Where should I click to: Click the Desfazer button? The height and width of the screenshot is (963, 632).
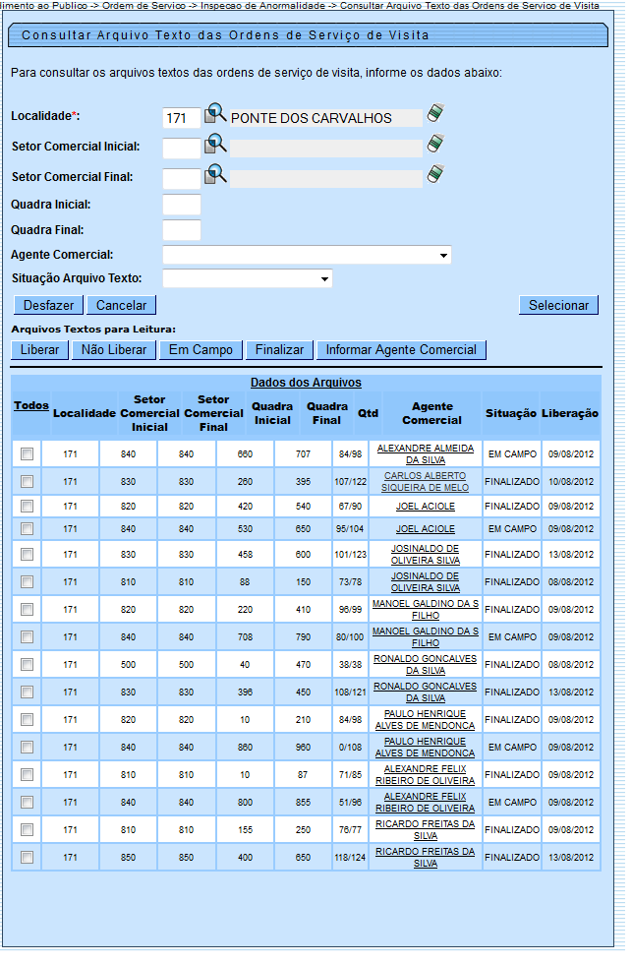[x=48, y=306]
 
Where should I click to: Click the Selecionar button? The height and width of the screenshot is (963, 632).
[x=558, y=306]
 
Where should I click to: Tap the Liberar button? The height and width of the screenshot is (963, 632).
[x=39, y=350]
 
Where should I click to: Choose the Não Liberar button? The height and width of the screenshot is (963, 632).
[x=114, y=350]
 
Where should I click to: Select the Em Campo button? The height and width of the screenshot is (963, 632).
[x=200, y=350]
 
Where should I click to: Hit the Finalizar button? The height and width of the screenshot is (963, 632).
[x=280, y=350]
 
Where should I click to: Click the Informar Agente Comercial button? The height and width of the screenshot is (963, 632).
[x=401, y=350]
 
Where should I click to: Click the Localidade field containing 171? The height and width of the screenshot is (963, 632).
[x=181, y=118]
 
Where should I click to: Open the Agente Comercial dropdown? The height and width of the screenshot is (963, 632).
[x=307, y=255]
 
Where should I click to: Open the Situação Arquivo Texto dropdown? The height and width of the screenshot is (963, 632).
[x=247, y=279]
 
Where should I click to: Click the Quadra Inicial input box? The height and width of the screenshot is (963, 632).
[x=181, y=205]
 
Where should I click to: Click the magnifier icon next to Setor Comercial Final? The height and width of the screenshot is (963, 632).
[x=215, y=176]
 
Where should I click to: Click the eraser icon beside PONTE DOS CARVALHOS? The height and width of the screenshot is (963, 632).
[x=435, y=114]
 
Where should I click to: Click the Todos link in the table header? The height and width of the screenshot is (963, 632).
[x=30, y=405]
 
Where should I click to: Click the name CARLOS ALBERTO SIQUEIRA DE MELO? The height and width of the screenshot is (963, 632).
[x=426, y=482]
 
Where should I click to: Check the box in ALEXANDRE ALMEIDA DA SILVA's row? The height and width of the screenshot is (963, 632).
[x=27, y=453]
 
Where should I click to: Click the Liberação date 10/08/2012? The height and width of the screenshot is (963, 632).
[x=570, y=482]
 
